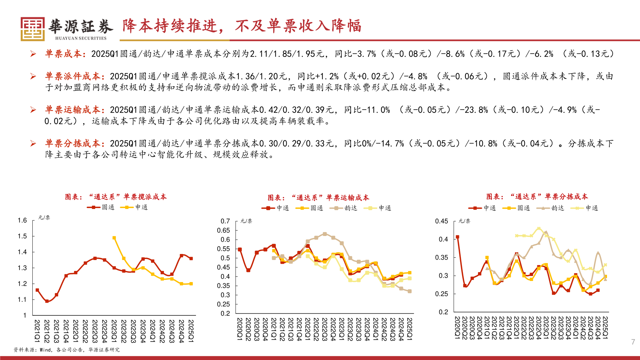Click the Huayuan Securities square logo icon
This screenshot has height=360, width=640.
32,29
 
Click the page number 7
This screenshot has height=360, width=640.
633,342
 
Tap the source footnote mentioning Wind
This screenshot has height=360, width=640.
66,350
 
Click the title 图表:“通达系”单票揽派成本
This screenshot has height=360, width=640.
116,197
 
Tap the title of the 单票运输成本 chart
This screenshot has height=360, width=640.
318,198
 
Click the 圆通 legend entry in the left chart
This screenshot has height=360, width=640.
101,207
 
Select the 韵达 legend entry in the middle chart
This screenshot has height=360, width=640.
344,208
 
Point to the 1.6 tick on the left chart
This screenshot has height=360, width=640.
22,220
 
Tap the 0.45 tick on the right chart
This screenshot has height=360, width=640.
441,221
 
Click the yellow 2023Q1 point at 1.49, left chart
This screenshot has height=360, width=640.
114,238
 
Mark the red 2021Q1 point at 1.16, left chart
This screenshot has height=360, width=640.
37,290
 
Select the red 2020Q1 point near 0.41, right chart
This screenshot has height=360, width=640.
457,237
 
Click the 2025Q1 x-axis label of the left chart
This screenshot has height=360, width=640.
191,331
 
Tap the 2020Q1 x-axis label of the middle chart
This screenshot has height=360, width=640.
239,329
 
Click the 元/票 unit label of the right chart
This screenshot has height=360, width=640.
464,221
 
